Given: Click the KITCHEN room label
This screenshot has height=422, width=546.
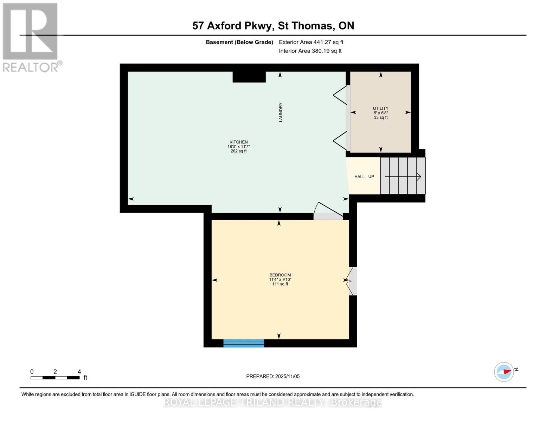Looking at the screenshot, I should (x=239, y=142).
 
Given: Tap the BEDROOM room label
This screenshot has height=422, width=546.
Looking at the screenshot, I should (x=280, y=275).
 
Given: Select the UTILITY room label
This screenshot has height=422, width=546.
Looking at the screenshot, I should (x=380, y=108).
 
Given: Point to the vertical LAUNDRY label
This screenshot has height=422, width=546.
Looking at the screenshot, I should (x=281, y=112).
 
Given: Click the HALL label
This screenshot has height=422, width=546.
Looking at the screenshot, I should (x=359, y=177).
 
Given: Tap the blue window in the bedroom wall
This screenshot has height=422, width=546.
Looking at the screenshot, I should (x=244, y=343).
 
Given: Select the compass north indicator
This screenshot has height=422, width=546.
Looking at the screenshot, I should (x=505, y=372).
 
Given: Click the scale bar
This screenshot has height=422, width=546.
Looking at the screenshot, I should (x=55, y=378).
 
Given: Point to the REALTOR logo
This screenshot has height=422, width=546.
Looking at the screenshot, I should (x=31, y=37).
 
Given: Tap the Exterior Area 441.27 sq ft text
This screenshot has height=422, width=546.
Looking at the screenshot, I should (x=311, y=42).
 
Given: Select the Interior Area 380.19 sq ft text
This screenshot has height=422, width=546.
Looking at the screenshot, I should (x=310, y=51).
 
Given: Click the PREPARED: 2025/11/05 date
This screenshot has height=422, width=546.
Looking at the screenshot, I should (x=273, y=376).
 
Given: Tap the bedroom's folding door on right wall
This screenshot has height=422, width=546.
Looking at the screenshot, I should (x=352, y=281).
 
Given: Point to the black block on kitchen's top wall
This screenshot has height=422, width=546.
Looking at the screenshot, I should (x=249, y=77).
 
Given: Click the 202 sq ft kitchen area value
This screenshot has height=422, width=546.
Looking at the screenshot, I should (x=239, y=151).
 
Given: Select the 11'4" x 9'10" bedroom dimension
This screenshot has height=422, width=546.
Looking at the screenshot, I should (x=280, y=280).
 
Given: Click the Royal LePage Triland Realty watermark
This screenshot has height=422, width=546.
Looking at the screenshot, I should (x=273, y=402).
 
